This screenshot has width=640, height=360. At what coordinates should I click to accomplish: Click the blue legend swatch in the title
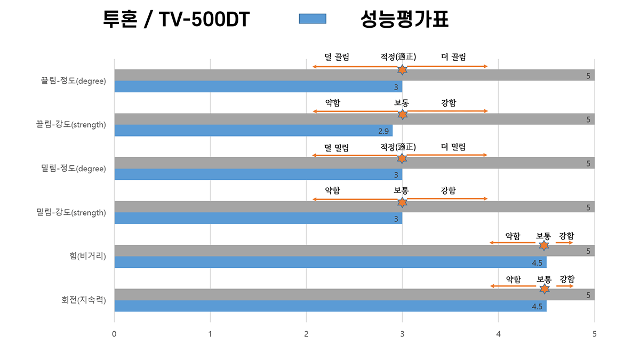click(312, 19)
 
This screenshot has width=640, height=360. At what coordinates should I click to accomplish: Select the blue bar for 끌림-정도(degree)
click(258, 86)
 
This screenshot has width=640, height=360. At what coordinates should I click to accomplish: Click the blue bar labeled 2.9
click(253, 131)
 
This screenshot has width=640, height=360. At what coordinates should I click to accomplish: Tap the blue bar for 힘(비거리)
click(330, 262)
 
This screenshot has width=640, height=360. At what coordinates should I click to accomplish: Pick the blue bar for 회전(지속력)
click(330, 306)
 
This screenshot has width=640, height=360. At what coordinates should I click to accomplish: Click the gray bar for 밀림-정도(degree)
click(354, 163)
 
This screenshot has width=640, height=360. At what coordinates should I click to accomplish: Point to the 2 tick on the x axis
click(306, 334)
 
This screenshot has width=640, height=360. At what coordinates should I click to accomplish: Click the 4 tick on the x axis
click(498, 334)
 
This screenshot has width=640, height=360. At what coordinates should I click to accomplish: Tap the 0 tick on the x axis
click(114, 334)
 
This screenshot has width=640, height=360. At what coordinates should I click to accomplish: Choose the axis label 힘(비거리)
click(84, 257)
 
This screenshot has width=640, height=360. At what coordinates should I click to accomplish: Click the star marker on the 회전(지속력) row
click(544, 289)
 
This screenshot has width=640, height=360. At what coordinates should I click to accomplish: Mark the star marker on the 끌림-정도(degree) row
click(402, 70)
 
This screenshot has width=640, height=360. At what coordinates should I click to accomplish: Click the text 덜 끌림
click(337, 57)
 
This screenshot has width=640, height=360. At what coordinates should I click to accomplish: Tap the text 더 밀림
click(453, 147)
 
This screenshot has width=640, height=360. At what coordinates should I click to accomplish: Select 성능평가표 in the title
click(404, 20)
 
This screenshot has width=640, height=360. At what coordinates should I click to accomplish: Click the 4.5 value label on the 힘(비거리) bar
click(537, 263)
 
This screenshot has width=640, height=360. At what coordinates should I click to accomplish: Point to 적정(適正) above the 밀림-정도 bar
click(398, 147)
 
